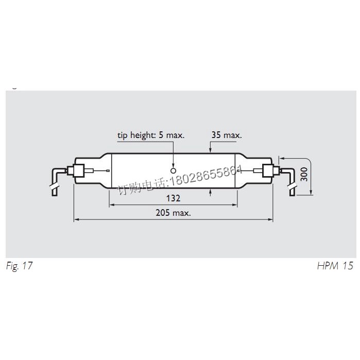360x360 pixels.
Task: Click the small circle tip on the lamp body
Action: coord(174,170)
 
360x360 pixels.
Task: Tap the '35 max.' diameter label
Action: coord(226,135)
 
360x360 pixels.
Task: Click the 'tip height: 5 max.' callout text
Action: coord(150,135)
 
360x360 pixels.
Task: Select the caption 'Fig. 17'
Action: coord(20,266)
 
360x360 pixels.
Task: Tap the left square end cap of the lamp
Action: coord(79,170)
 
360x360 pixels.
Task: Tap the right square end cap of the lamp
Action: coord(267,170)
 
